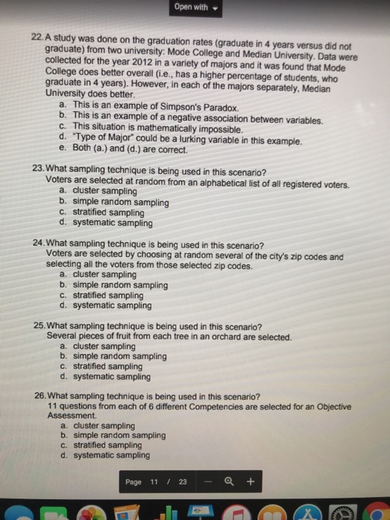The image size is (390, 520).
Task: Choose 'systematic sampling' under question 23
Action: coord(111,222)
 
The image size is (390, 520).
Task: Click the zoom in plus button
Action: coord(250,482)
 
